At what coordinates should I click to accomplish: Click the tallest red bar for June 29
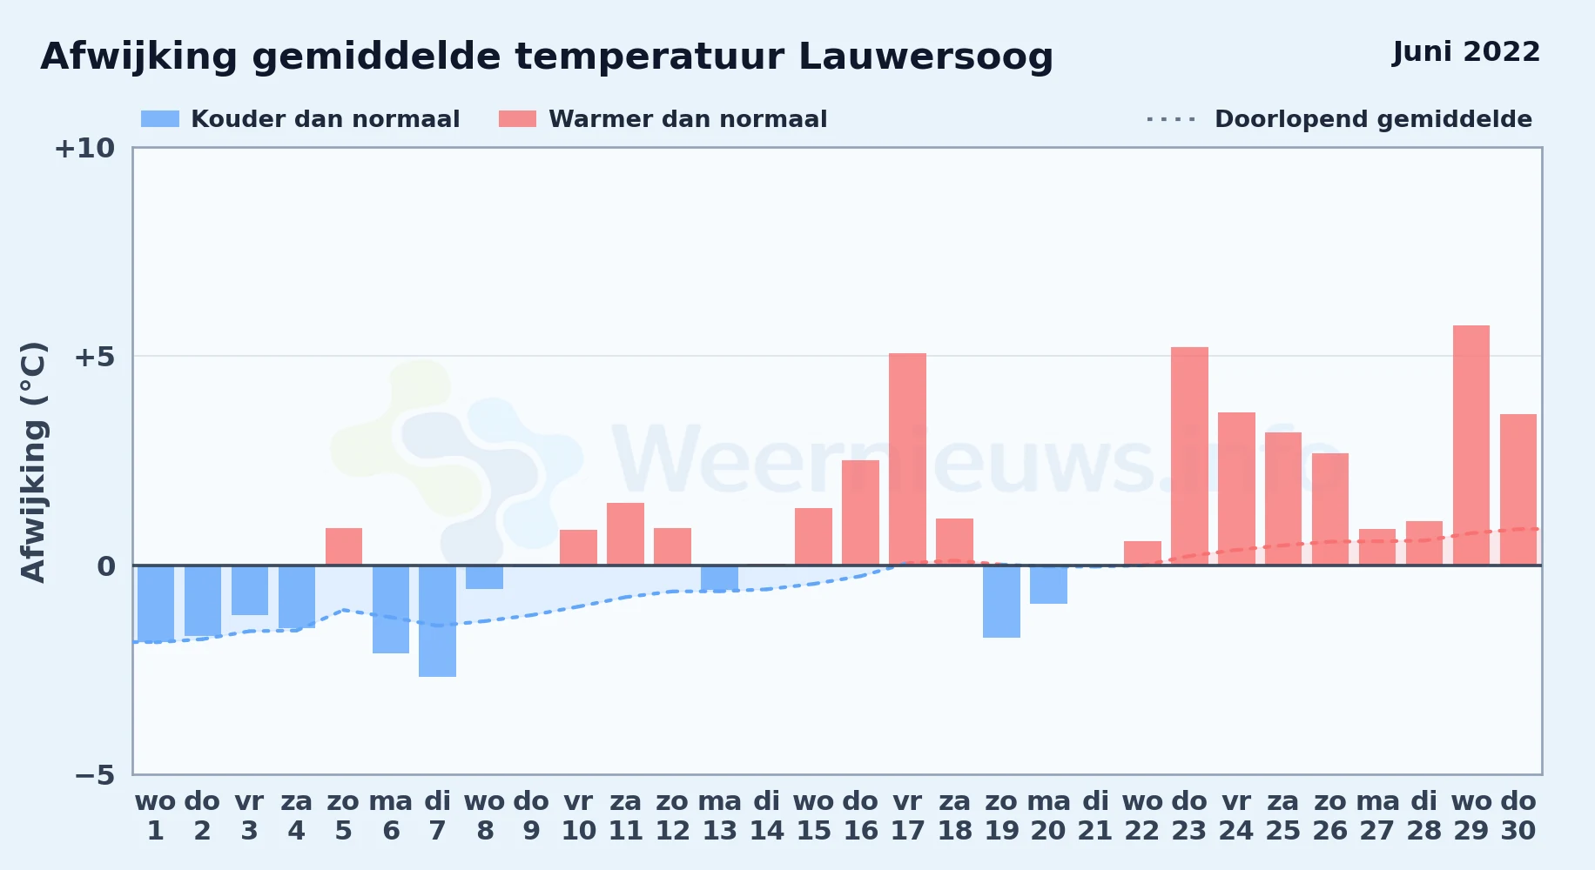click(x=1471, y=445)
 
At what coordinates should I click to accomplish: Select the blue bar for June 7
click(x=437, y=621)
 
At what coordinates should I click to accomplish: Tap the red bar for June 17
click(x=907, y=459)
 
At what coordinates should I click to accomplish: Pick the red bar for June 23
click(x=1189, y=456)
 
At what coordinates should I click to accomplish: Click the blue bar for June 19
click(x=1001, y=601)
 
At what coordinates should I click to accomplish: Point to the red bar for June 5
click(x=344, y=546)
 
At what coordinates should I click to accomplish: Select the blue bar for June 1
click(x=156, y=604)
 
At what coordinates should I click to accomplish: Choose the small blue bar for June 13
click(x=719, y=579)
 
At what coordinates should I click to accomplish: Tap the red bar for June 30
click(x=1518, y=490)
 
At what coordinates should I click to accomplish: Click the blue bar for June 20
click(x=1048, y=585)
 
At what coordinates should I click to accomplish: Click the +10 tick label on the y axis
click(x=84, y=148)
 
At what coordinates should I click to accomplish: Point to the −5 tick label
click(x=95, y=774)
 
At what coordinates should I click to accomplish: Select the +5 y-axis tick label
click(x=95, y=357)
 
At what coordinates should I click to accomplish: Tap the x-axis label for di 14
click(x=767, y=816)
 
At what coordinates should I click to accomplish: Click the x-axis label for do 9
click(x=531, y=816)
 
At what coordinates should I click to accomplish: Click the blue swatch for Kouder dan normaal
click(x=160, y=119)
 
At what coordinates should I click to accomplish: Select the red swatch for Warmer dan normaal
click(x=517, y=119)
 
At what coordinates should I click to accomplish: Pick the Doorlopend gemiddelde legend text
click(x=1373, y=119)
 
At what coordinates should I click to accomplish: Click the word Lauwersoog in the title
click(x=925, y=57)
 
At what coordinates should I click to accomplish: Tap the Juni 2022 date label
click(x=1466, y=51)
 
